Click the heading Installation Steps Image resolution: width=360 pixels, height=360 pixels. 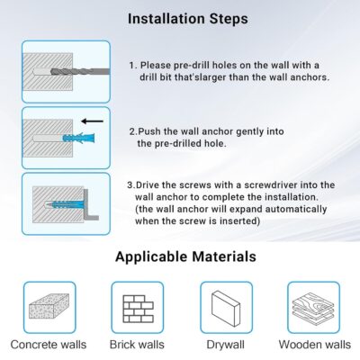188,19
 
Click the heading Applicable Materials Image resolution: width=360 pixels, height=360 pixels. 185,256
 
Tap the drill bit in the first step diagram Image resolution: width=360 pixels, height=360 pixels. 80,72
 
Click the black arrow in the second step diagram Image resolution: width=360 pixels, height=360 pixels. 93,121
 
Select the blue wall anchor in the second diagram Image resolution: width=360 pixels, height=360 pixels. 78,139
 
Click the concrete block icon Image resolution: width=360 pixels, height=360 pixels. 49,306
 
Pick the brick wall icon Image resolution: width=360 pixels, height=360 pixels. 138,309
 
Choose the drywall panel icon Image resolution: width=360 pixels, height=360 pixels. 226,308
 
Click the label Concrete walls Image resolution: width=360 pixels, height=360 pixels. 49,345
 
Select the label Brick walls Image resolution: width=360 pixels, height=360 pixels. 137,345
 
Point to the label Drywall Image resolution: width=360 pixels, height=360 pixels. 225,345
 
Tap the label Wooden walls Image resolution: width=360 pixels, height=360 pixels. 315,345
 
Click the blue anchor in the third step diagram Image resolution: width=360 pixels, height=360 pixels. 65,205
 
